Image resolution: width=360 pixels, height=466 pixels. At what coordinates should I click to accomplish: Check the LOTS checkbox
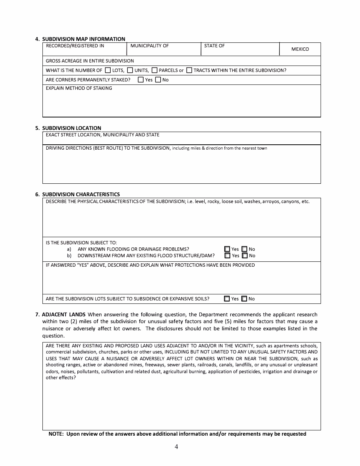pos(108,70)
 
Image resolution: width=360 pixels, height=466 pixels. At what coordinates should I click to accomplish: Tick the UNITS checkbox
pos(130,70)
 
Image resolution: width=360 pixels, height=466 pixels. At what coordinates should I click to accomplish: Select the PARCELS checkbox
pos(155,70)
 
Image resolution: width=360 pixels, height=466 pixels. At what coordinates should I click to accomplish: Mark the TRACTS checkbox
pos(189,70)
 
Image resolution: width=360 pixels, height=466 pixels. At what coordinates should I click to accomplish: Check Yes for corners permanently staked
pos(141,80)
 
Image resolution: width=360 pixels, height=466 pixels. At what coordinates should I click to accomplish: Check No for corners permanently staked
pos(158,80)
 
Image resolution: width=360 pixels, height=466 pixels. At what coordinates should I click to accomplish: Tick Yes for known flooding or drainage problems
pos(227,249)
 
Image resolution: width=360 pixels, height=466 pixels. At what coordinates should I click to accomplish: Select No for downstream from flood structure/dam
pos(244,256)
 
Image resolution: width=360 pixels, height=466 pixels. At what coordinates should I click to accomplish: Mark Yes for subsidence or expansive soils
pos(227,299)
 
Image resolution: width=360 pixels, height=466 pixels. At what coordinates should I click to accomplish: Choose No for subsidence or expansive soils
pos(244,299)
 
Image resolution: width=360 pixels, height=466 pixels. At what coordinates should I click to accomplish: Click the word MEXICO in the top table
pos(300,49)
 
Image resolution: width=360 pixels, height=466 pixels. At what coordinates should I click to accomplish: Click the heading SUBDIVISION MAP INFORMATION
pos(83,39)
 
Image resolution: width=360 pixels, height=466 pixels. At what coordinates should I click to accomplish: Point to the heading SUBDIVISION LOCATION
pos(72,128)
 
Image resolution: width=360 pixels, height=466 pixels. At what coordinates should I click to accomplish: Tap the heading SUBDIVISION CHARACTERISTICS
pos(81,194)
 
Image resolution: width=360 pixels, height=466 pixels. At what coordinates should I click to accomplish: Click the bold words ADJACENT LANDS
pos(64,314)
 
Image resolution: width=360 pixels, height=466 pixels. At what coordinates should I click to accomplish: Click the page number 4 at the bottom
pos(176,447)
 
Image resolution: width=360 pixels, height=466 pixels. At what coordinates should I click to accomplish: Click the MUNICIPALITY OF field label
pos(149,46)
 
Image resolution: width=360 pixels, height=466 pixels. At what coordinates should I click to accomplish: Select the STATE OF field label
pos(214,46)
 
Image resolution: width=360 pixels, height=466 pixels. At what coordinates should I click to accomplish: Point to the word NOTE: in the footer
pos(56,434)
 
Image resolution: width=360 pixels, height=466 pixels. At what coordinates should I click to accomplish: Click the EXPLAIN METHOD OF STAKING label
pos(79,88)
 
